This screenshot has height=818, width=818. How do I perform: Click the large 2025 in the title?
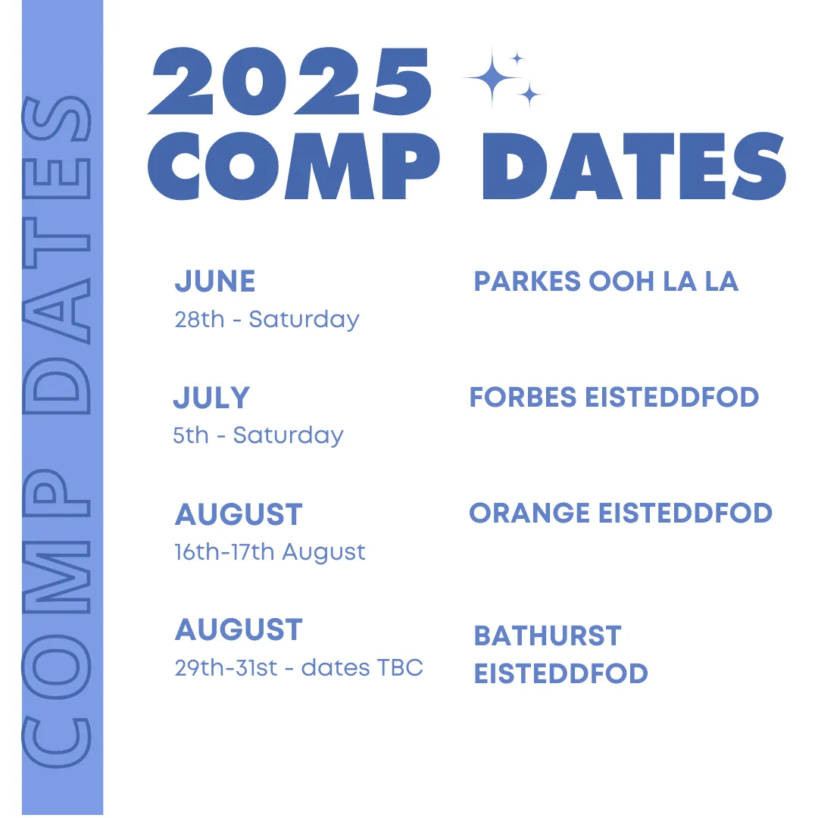290,81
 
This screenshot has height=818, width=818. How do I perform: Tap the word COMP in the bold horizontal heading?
294,166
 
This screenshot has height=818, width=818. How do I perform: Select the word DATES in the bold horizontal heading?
635,166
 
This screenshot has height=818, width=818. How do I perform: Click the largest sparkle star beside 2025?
492,78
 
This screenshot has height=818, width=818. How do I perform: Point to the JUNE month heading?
215,281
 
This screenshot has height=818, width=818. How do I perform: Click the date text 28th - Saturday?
267,320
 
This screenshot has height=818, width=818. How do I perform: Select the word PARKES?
527,281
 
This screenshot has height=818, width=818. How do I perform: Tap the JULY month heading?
212,398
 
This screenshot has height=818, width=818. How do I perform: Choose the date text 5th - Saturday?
258,435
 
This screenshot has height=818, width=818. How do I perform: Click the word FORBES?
523,397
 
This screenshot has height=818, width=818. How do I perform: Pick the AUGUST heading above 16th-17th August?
239,514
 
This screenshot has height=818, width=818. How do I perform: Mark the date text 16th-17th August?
270,552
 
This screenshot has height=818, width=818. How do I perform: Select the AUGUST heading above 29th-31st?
239,629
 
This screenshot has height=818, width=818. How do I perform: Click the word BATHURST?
548,636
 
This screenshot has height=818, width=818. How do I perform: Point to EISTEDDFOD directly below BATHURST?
560,673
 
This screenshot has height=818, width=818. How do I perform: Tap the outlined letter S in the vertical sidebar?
57,118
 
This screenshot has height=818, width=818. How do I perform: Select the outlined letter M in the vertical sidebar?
57,576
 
